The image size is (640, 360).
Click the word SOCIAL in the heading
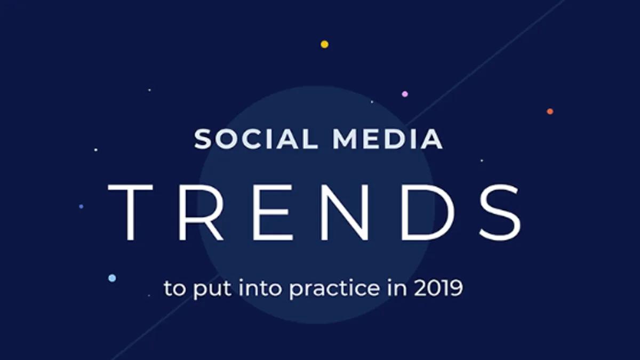(x=255, y=139)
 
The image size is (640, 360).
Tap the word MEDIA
(x=388, y=139)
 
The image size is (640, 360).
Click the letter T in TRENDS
(x=130, y=213)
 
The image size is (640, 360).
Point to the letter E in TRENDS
(x=273, y=213)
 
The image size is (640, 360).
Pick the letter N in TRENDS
(x=345, y=213)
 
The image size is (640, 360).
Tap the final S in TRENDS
(x=500, y=213)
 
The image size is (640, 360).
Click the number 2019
(x=438, y=288)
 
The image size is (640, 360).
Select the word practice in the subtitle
(x=334, y=289)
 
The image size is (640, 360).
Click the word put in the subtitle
(x=212, y=290)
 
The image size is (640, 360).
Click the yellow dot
(x=325, y=44)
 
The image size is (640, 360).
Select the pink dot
(x=405, y=94)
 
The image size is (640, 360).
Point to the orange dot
(x=550, y=111)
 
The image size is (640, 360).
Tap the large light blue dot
(x=113, y=278)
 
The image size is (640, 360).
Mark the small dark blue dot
(x=81, y=206)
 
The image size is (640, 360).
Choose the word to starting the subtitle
(x=174, y=289)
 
